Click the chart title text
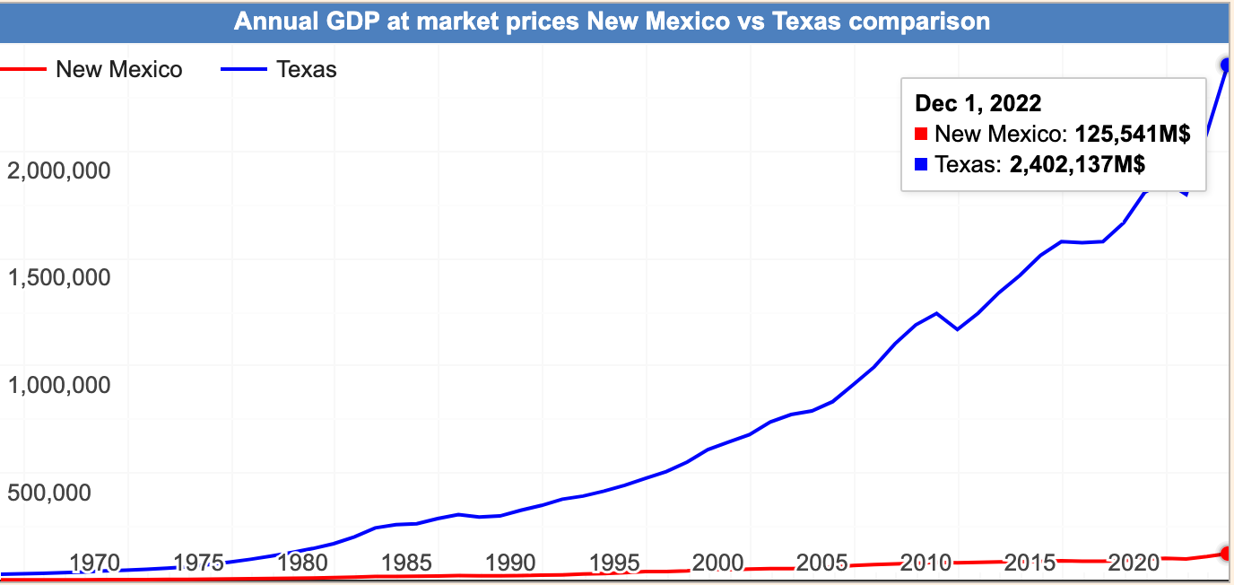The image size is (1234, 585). (613, 21)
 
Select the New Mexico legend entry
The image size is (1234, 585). (118, 69)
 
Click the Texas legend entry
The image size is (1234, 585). (307, 69)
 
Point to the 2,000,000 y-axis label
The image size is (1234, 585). (59, 170)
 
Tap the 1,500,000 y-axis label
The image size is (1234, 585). (59, 277)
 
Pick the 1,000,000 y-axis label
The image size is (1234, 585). (59, 385)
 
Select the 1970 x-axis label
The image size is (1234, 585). (95, 563)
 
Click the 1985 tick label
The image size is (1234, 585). (406, 563)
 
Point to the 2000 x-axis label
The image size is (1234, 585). (717, 563)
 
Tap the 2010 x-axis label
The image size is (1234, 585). (925, 563)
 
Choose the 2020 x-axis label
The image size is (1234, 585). (1134, 563)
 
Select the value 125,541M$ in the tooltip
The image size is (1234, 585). (1133, 135)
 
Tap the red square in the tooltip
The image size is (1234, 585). (920, 135)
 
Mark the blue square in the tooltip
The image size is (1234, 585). (920, 164)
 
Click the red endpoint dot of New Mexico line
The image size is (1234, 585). (1227, 553)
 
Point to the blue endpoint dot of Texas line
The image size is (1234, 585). (1227, 65)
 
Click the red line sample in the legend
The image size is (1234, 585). (22, 69)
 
